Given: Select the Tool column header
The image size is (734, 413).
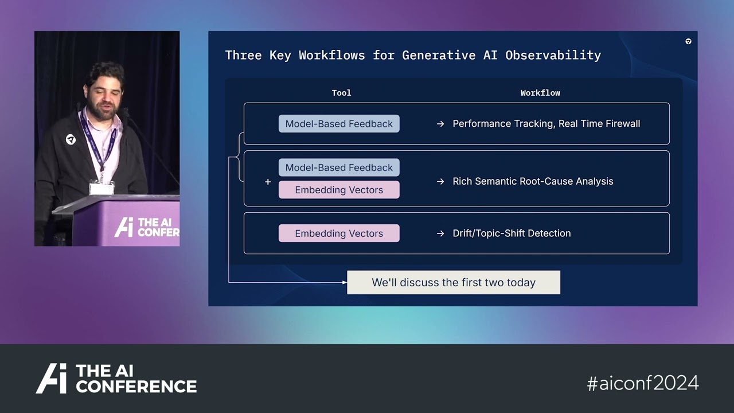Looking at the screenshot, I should point(341,93).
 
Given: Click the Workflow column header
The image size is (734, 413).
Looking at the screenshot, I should point(540,93).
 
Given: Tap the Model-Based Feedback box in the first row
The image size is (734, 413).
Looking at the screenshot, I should point(339,124).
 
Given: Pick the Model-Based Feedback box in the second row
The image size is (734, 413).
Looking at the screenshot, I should point(339,167).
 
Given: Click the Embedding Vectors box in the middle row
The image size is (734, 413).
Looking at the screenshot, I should point(339,190).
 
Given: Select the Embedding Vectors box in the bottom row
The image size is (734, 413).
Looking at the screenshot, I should point(339,233).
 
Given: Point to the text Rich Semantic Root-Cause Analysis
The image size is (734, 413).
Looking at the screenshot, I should point(533,181).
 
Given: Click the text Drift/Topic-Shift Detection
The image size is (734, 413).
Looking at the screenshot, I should point(512,233).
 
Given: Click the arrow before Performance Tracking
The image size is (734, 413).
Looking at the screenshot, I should point(440,124).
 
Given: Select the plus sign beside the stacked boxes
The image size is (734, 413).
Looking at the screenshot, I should point(268,182).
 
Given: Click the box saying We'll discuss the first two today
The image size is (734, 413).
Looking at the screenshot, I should point(454,282).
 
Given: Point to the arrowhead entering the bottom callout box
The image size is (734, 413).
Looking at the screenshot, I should point(344,282).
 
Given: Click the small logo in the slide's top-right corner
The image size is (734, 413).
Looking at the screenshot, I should point(688,41).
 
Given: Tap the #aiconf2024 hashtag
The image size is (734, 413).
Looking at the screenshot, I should point(643,383).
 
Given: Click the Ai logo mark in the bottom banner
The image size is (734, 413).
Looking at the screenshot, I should point(52,379).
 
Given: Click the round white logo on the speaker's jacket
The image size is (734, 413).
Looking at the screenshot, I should point(71,139).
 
